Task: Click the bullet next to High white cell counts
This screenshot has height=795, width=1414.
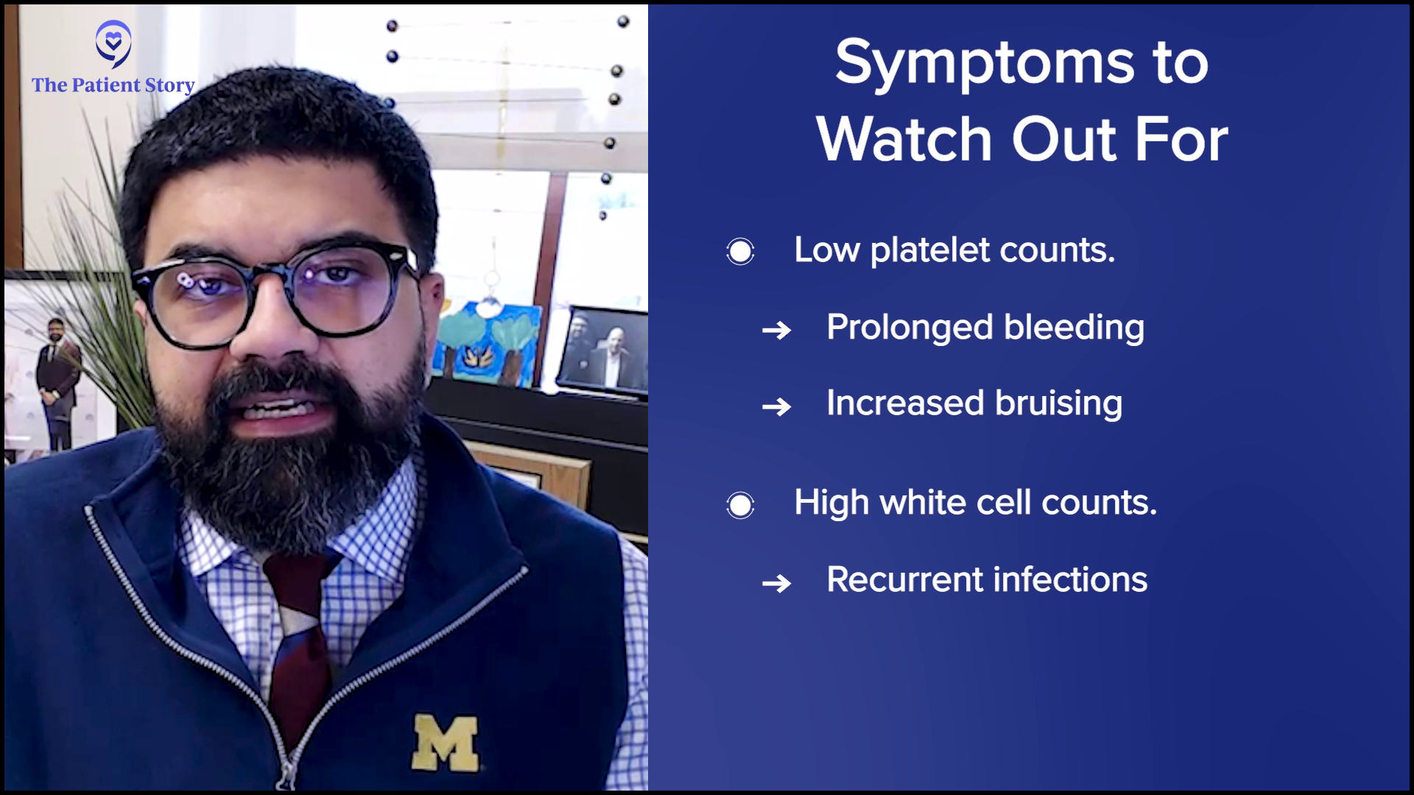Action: coord(740,505)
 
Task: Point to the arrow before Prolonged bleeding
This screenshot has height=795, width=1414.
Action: coord(776,331)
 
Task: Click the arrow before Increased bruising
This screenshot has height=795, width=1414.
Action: coord(776,406)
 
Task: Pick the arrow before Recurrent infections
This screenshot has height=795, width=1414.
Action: coord(776,584)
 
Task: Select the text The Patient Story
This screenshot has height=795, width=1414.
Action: coord(113,85)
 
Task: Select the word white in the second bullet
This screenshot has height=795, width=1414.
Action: coord(923,503)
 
